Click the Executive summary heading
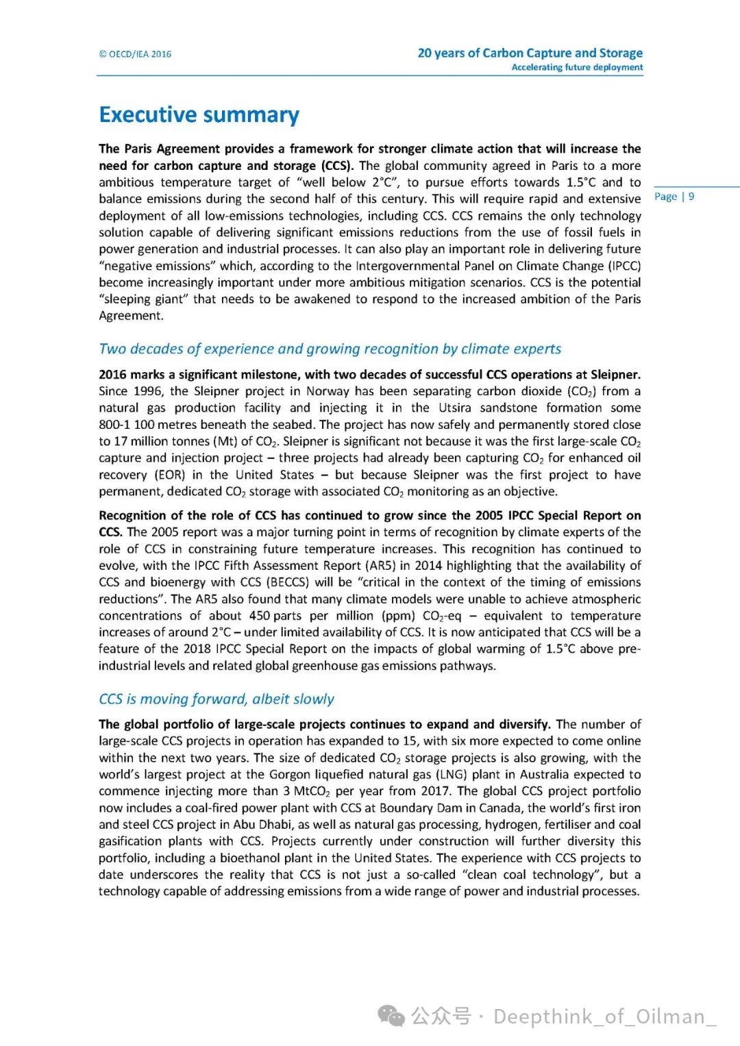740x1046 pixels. point(199,114)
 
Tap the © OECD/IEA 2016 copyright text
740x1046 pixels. point(135,54)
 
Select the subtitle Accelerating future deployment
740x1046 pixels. point(577,67)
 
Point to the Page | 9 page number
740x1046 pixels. point(674,197)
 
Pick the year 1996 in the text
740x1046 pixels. point(148,391)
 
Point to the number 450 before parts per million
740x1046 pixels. point(259,616)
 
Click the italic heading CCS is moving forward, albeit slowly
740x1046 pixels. point(217,699)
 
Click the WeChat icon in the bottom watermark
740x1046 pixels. point(392,1016)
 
